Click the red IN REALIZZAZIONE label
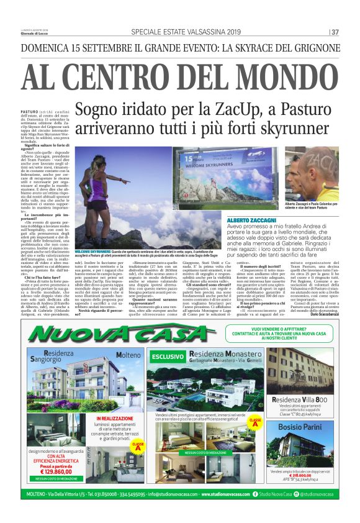click(116, 419)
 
